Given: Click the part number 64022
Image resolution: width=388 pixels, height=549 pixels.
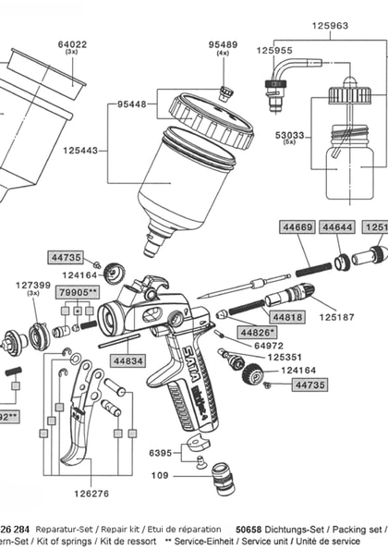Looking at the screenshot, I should [x=72, y=43].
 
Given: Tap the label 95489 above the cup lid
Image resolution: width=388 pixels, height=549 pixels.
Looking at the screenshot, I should [x=223, y=43].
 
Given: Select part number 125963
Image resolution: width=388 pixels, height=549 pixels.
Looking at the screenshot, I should [x=330, y=26].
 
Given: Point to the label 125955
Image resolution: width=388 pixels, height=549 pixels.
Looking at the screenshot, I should [x=274, y=51].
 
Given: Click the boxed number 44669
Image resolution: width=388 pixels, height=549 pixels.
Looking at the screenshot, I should [x=297, y=226].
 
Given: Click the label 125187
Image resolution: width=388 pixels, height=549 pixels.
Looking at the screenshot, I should [x=337, y=317].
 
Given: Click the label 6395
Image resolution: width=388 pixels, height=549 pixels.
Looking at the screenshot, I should [x=162, y=454].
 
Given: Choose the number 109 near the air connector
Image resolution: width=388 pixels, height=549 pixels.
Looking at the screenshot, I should [x=160, y=476].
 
